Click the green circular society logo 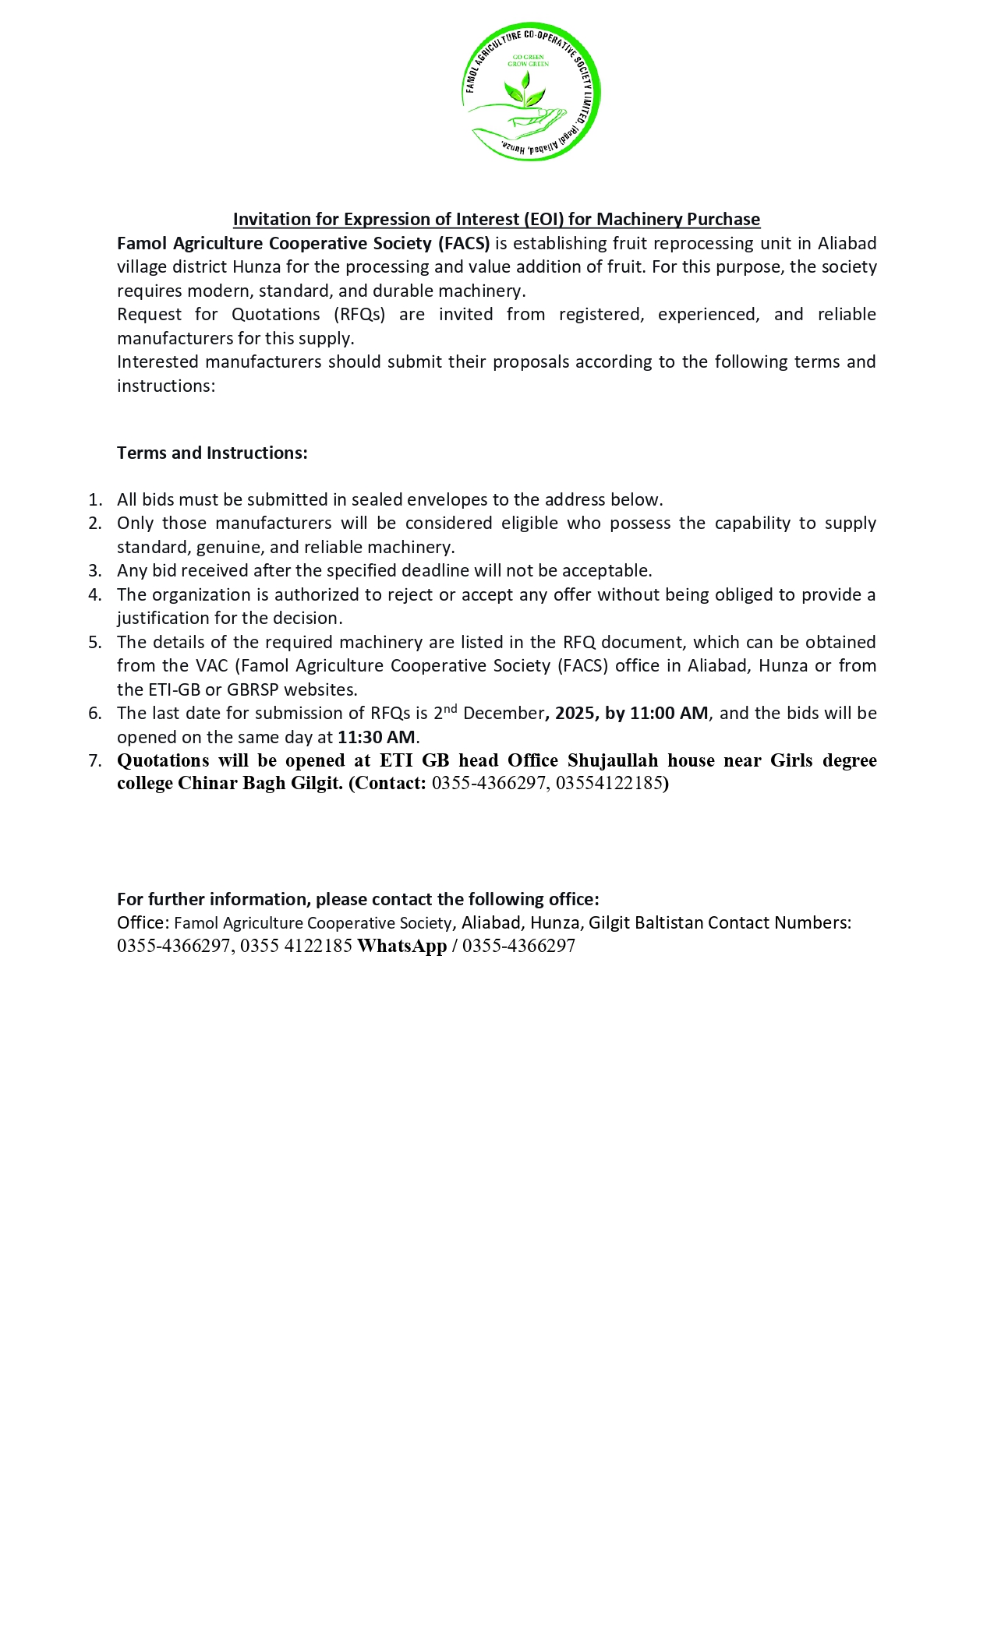coord(531,92)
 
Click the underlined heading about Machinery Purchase coord(496,219)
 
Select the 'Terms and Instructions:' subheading coord(212,453)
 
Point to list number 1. coord(94,499)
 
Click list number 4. coord(94,594)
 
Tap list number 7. coord(94,760)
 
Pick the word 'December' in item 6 coord(503,713)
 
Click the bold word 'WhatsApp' coord(401,946)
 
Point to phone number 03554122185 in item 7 coord(609,783)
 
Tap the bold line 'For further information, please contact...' coord(358,899)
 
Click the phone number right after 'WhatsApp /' coord(518,946)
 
